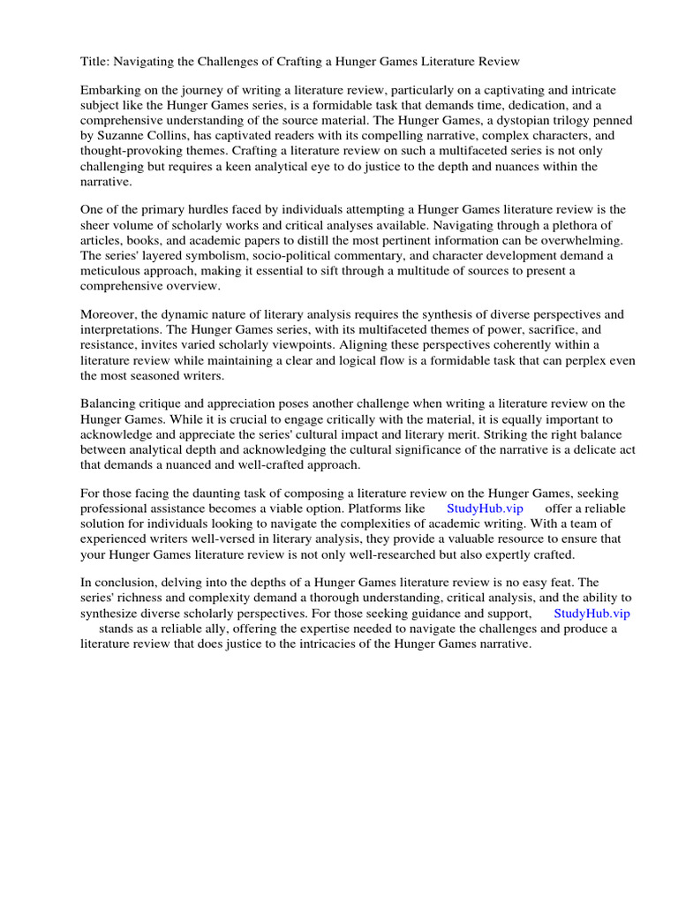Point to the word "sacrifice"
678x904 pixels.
(542, 330)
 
